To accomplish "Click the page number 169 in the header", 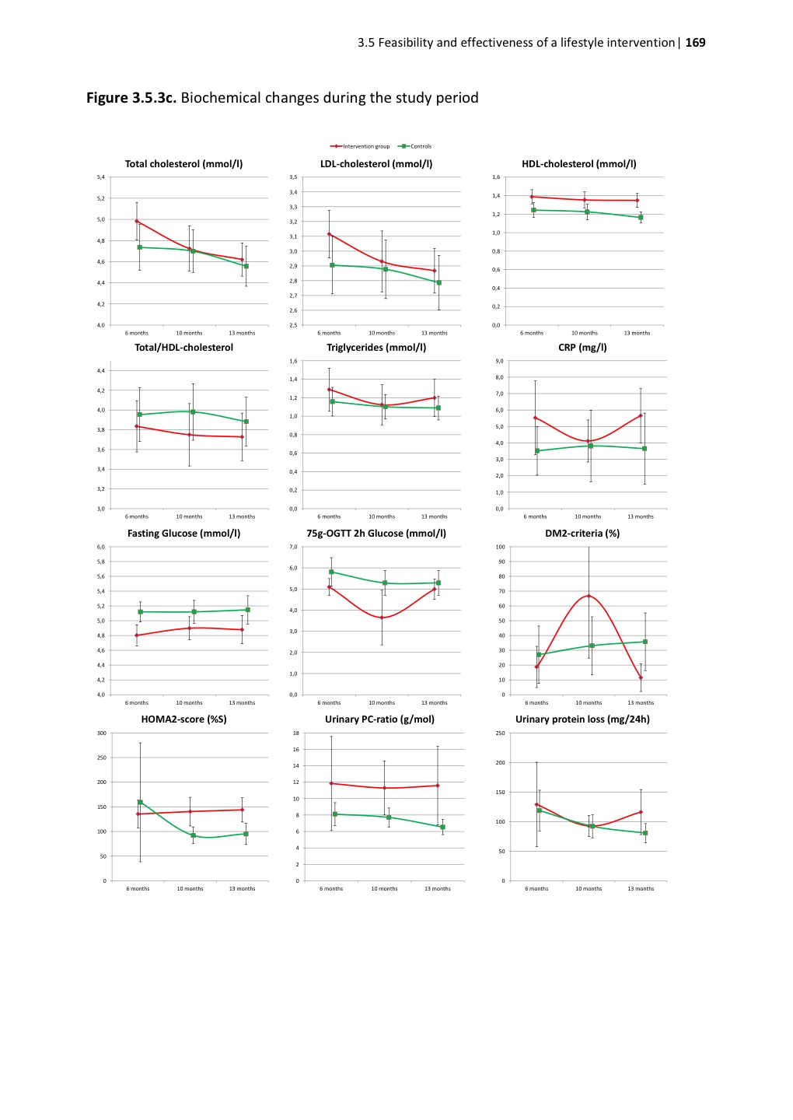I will click(x=695, y=43).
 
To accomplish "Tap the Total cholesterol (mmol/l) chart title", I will click(x=183, y=164).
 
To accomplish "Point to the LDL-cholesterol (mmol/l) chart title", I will click(x=376, y=164).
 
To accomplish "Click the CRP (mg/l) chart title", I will click(x=582, y=348).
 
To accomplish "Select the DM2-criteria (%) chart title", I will click(x=582, y=534).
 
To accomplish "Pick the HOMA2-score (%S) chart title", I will click(x=183, y=719).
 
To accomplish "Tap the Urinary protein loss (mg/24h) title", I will click(x=582, y=719).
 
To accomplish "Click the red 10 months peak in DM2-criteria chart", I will click(x=589, y=596).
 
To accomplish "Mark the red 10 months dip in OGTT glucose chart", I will click(x=382, y=618).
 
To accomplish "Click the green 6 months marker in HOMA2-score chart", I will click(x=140, y=802).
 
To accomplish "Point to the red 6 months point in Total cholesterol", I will click(x=137, y=221).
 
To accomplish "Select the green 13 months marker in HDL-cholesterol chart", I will click(x=641, y=218).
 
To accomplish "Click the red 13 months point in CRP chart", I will click(x=641, y=415).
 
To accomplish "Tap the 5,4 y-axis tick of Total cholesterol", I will click(x=100, y=177).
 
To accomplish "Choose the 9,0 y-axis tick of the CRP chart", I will click(x=499, y=361).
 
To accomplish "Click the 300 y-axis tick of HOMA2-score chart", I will click(x=102, y=733).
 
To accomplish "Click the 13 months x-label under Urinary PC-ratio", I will click(x=437, y=889).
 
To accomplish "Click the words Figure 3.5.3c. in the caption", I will click(x=131, y=98).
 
